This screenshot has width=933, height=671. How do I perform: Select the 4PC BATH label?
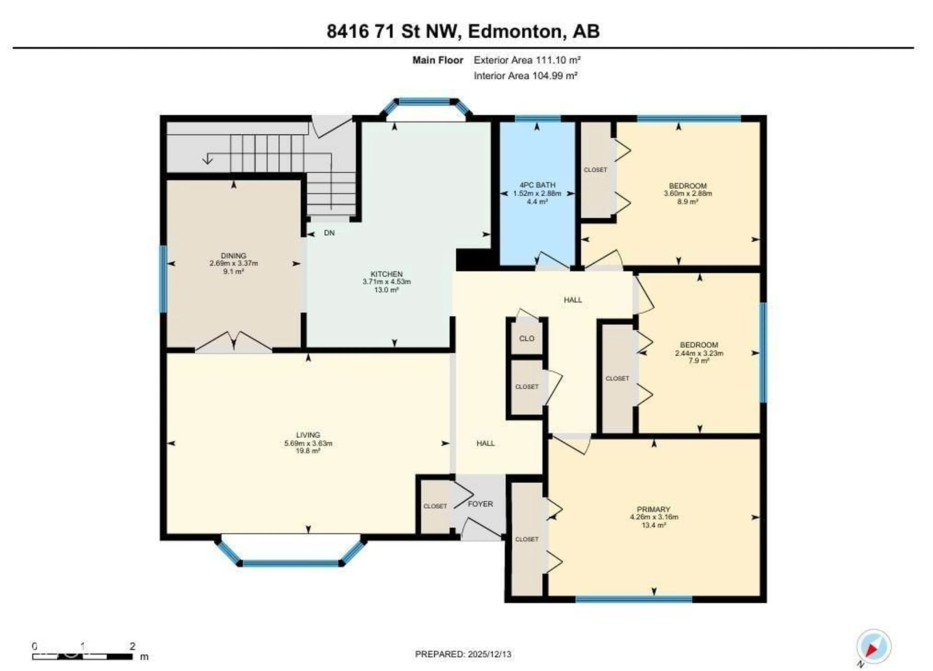(537, 185)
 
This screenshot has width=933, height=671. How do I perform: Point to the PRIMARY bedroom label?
(654, 509)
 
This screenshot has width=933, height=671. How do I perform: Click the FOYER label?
(480, 504)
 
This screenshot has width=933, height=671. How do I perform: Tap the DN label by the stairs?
(329, 233)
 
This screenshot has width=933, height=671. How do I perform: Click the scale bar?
(82, 657)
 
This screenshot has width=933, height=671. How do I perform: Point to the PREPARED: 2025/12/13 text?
(463, 654)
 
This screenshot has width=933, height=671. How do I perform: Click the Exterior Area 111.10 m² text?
(527, 60)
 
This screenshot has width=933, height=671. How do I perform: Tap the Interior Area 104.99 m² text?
(525, 76)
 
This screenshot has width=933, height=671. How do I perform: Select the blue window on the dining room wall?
(163, 279)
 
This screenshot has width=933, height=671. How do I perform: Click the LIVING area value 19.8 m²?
(308, 451)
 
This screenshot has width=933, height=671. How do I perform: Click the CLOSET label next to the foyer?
(435, 506)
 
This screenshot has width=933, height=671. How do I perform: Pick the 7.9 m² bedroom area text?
(699, 361)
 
